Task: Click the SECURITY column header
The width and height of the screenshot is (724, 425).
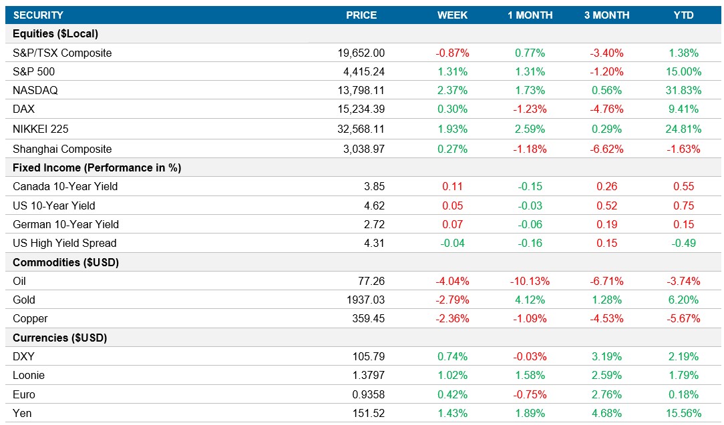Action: pyautogui.click(x=38, y=15)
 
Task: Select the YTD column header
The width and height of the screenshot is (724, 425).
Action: pyautogui.click(x=684, y=15)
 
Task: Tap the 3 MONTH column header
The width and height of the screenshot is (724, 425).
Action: pyautogui.click(x=606, y=15)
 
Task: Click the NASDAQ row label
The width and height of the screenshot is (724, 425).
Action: pyautogui.click(x=35, y=90)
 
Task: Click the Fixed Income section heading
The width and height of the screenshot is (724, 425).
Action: pyautogui.click(x=97, y=167)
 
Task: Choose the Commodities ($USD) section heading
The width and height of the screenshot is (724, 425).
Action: pyautogui.click(x=65, y=262)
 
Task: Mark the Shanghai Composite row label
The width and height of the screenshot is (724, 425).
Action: pyautogui.click(x=62, y=149)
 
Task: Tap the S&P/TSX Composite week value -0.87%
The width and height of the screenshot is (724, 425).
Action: pyautogui.click(x=452, y=53)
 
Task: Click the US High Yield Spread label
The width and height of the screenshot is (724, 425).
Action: pyautogui.click(x=64, y=243)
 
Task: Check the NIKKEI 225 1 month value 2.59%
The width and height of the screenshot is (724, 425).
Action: pyautogui.click(x=530, y=129)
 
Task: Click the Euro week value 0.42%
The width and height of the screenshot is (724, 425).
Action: pyautogui.click(x=452, y=394)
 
